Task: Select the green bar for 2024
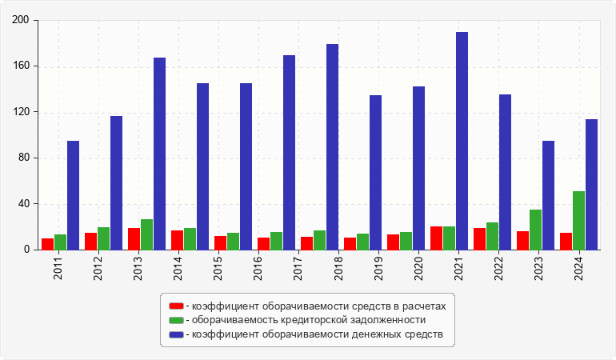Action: (x=578, y=220)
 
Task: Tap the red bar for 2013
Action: (x=134, y=238)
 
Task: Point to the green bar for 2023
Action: (x=535, y=230)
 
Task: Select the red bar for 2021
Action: (x=436, y=238)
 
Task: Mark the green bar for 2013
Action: (x=146, y=234)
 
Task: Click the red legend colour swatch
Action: (x=176, y=306)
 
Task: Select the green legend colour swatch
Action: (x=176, y=320)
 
